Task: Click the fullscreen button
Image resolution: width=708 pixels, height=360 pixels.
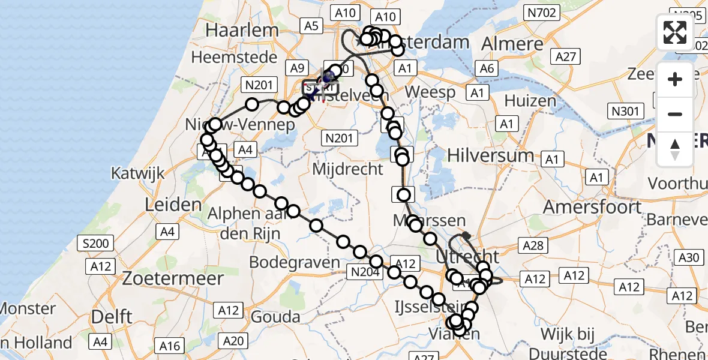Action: click(675, 32)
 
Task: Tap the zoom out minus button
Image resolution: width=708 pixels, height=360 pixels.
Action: click(675, 114)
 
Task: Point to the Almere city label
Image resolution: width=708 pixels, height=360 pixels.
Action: click(512, 44)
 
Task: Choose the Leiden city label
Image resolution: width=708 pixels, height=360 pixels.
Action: click(165, 204)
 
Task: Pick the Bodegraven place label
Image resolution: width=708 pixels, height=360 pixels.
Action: click(287, 262)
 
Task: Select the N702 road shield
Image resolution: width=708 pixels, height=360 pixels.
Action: click(542, 12)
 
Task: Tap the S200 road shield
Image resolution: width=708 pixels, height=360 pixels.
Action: click(96, 244)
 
